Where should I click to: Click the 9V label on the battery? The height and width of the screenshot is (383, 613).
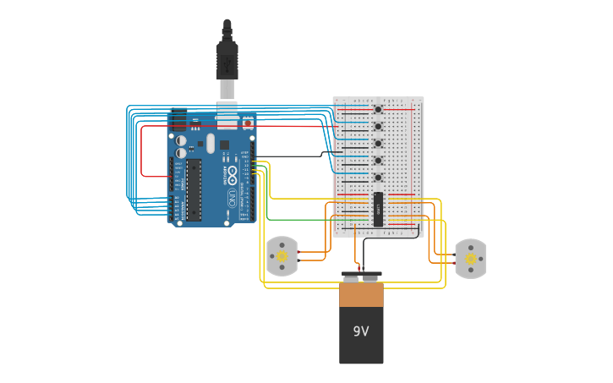click(x=361, y=331)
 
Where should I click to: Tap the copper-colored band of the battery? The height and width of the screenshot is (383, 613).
click(x=361, y=294)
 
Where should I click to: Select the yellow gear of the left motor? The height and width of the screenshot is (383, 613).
click(x=282, y=255)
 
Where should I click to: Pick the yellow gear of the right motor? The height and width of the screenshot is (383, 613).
click(x=471, y=258)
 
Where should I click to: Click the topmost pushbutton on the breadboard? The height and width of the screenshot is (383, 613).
click(x=378, y=109)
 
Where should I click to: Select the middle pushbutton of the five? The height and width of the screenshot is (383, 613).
click(x=378, y=143)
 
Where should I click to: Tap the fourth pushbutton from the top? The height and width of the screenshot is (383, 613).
click(x=378, y=160)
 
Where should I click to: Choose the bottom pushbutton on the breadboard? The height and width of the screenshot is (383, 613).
click(x=378, y=178)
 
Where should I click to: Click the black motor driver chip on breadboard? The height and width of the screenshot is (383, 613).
click(x=378, y=209)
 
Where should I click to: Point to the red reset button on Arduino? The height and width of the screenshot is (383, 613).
click(x=248, y=123)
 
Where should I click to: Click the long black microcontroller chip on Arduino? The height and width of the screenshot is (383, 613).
click(x=194, y=189)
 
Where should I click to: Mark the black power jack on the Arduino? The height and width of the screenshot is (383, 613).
click(x=178, y=121)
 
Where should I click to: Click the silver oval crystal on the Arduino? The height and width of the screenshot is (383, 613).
click(x=211, y=143)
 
